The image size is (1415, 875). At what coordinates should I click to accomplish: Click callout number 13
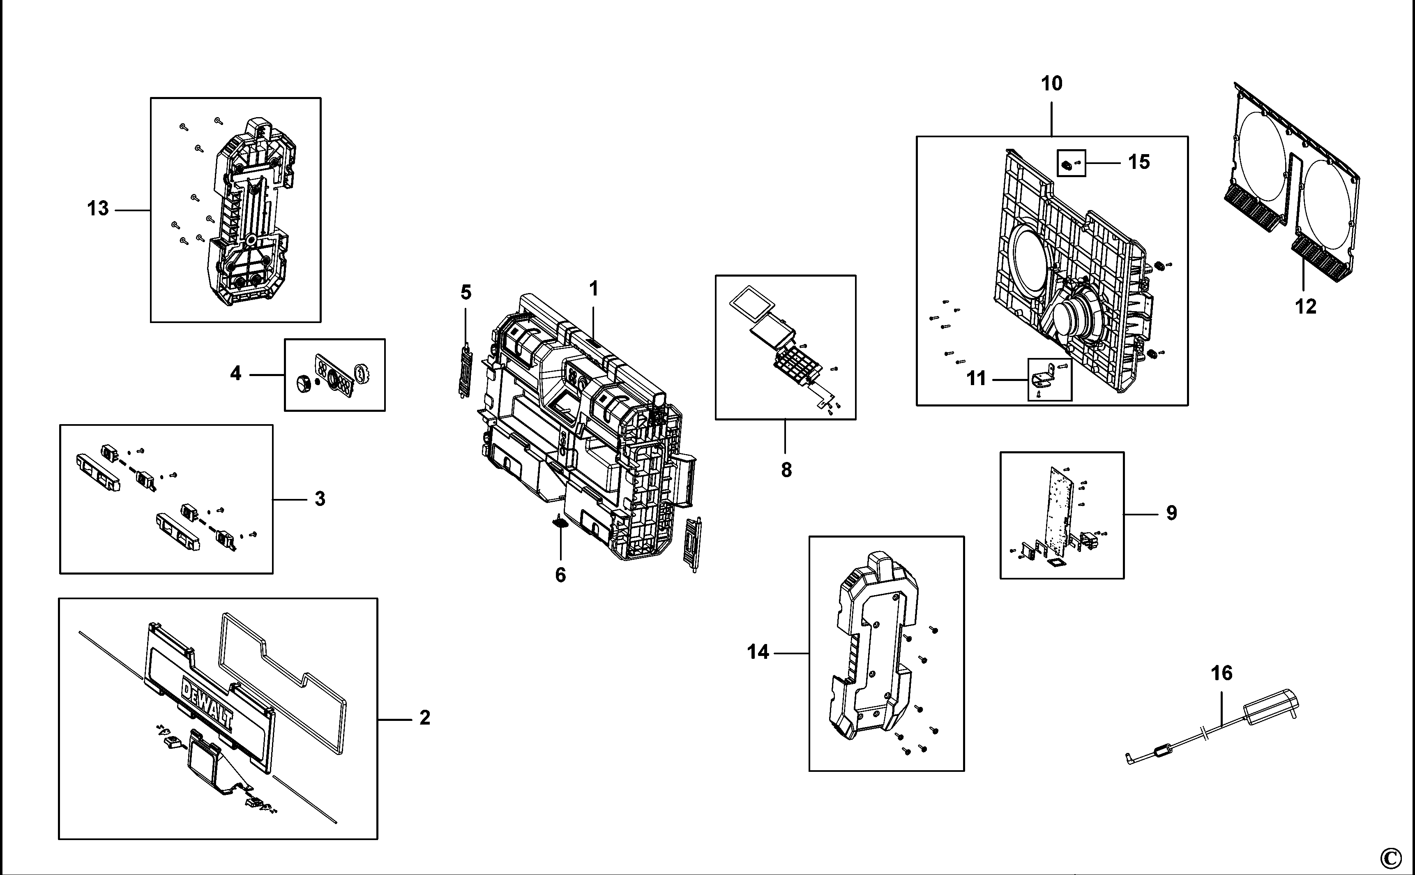coord(98,208)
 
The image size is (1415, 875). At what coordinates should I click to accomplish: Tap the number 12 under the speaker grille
coord(1305,306)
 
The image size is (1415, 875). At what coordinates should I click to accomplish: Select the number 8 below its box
coord(786,470)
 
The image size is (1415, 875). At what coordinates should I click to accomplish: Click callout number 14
coord(758,652)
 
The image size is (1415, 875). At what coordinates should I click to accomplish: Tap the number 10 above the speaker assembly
coord(1052,84)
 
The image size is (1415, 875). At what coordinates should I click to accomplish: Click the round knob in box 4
coord(303,384)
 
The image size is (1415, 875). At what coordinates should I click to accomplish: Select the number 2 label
coord(424,718)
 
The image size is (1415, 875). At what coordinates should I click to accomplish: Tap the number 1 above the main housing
coord(594,288)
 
